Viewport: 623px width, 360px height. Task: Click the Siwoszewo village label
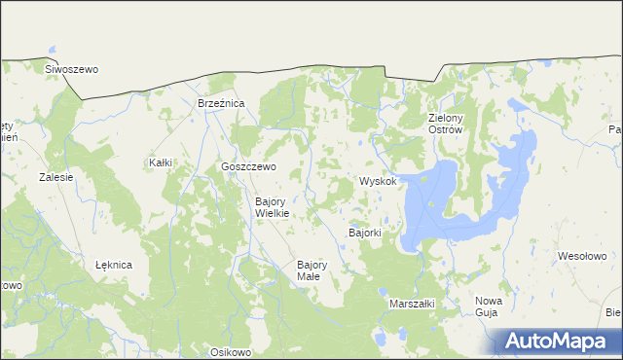(72, 69)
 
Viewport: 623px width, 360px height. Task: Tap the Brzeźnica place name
(221, 102)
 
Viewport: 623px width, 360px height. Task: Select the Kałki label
(160, 162)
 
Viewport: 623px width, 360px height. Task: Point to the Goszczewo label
(248, 166)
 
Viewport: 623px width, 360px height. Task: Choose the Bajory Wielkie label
(272, 207)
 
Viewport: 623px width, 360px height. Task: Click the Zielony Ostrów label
(447, 125)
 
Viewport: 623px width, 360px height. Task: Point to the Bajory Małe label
(311, 270)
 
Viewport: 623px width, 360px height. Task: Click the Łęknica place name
(114, 264)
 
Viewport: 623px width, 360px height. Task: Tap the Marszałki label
(411, 304)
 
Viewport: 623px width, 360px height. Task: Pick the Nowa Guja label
(489, 306)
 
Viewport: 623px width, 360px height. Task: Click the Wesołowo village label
(581, 256)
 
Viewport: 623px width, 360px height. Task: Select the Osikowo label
(231, 351)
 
